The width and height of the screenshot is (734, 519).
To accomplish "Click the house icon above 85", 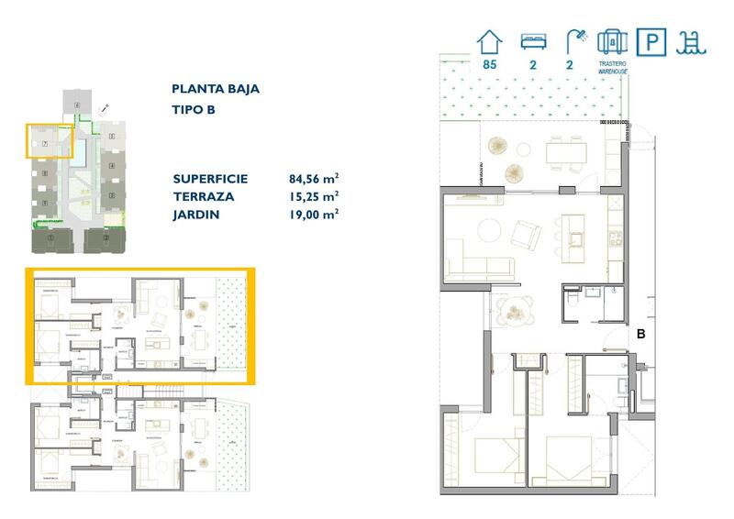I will (490, 41).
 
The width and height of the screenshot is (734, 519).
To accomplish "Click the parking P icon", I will (651, 42).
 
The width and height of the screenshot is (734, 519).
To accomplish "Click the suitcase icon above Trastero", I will (611, 41).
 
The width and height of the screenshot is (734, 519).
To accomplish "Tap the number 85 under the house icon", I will (490, 65).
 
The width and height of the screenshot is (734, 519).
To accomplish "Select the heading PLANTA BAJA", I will (216, 89).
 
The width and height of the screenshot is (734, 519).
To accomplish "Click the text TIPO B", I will (193, 110).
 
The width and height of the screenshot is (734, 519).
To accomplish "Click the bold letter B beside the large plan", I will (642, 335).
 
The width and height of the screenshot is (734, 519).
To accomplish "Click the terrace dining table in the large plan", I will (563, 152).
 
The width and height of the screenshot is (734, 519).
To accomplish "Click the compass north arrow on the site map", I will (107, 107).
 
